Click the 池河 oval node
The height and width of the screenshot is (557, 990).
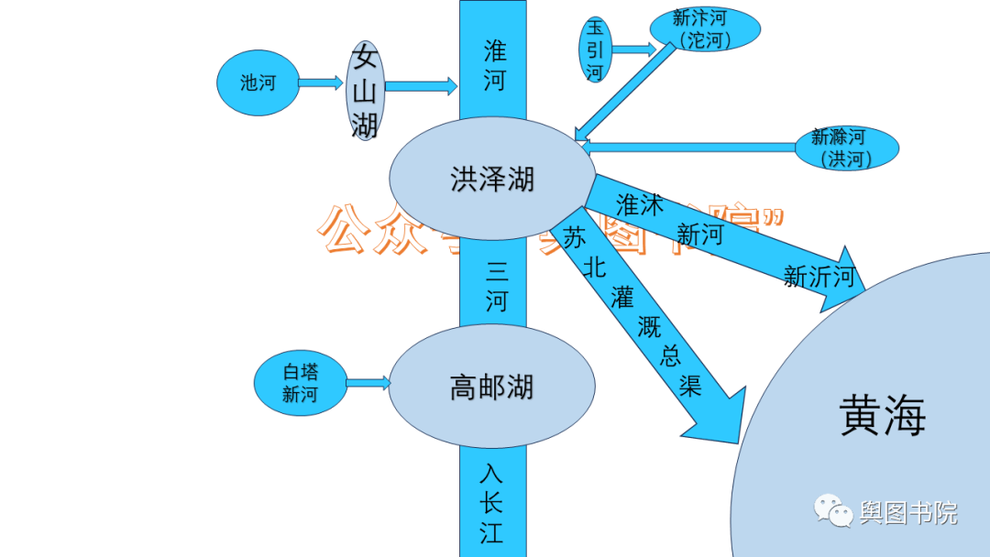(x=258, y=82)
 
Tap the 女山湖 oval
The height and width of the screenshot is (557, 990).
(x=365, y=91)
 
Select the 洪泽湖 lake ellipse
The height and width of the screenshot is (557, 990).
(x=492, y=179)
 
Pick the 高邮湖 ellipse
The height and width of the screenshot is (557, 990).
(x=492, y=387)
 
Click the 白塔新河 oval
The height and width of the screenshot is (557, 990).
(x=300, y=383)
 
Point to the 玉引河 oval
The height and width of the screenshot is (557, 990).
(x=595, y=49)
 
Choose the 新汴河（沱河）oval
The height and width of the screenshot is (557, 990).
(x=705, y=29)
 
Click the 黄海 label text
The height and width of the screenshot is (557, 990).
(x=883, y=415)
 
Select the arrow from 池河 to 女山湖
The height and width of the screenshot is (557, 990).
(x=321, y=82)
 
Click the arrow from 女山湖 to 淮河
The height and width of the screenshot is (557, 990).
(x=421, y=86)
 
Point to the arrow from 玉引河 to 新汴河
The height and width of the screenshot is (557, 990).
(x=633, y=49)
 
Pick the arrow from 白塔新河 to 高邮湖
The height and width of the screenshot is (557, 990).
(x=368, y=382)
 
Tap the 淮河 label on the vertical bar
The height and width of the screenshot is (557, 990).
(x=494, y=64)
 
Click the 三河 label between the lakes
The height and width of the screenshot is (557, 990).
(x=496, y=286)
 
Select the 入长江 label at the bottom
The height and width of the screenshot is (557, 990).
(x=492, y=503)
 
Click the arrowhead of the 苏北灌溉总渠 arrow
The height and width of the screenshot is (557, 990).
(x=720, y=417)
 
